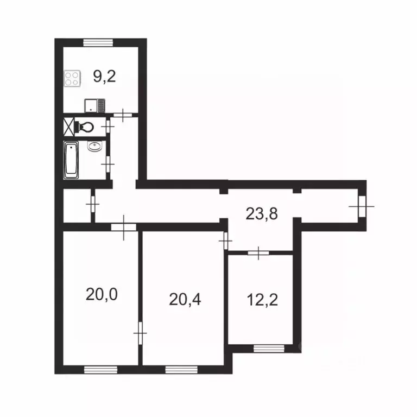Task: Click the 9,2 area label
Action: tap(104, 77)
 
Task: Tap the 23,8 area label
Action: tap(262, 214)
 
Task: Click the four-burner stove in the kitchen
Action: tap(72, 79)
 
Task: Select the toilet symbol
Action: tap(85, 127)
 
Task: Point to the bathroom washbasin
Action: tap(95, 147)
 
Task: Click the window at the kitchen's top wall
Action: tap(98, 42)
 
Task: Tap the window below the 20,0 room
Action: tap(101, 370)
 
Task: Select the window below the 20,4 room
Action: tap(181, 370)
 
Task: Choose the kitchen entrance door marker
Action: tap(125, 115)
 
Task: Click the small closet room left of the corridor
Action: tap(76, 206)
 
